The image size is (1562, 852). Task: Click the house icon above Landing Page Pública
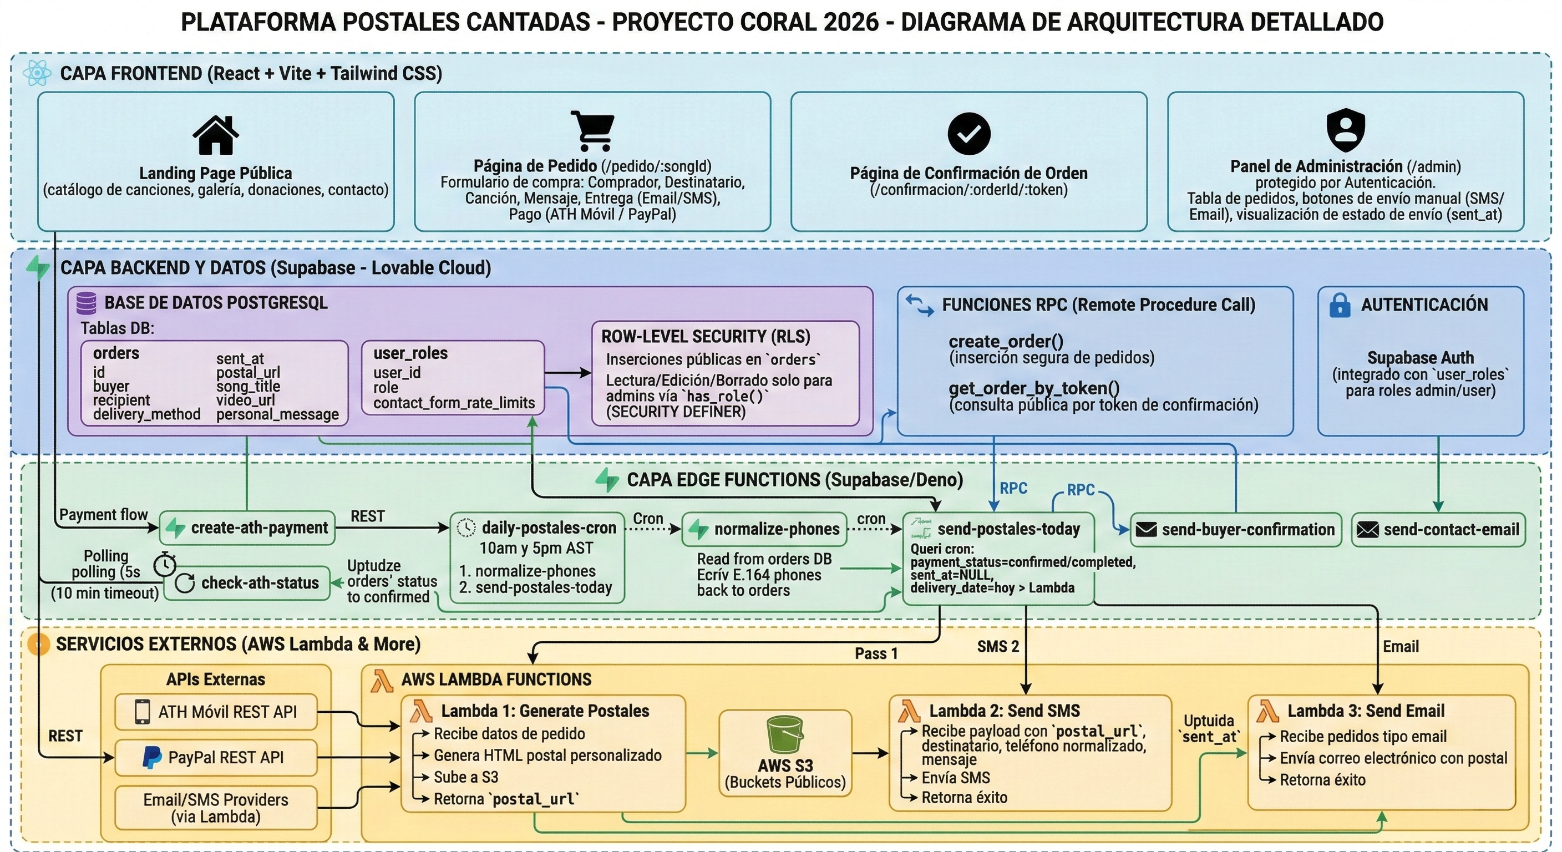[x=215, y=135]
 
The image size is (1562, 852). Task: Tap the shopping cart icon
[x=592, y=130]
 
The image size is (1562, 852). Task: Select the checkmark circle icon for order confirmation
[x=968, y=134]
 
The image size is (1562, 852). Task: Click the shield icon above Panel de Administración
[x=1346, y=130]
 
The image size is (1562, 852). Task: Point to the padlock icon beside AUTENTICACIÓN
[x=1340, y=305]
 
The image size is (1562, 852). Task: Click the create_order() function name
[x=1005, y=341]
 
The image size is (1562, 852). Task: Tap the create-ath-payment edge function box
[x=247, y=528]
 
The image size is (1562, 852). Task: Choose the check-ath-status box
[x=247, y=584]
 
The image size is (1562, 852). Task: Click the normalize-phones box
[x=763, y=529]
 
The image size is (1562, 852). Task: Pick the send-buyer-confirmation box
[x=1236, y=530]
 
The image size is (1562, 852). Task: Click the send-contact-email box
[x=1438, y=530]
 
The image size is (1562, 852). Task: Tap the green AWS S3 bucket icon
[x=785, y=734]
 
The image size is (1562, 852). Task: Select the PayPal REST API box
[x=216, y=757]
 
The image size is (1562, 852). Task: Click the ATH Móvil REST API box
[x=216, y=712]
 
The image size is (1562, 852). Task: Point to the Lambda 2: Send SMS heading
[x=1004, y=711]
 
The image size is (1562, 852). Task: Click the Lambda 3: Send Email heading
[x=1366, y=711]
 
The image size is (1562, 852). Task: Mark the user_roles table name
[x=410, y=353]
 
